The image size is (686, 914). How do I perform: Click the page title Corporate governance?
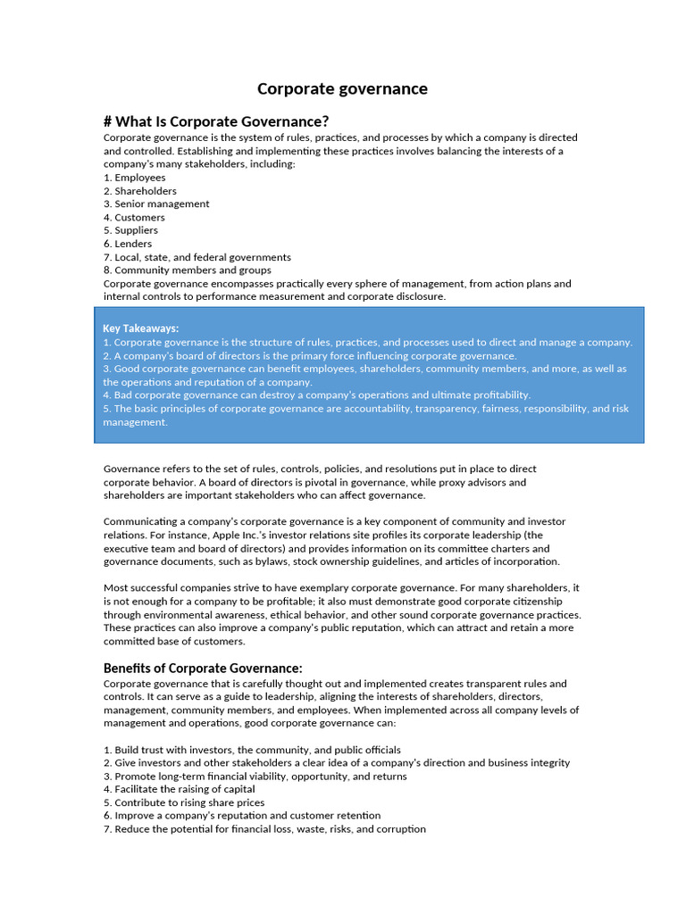[342, 88]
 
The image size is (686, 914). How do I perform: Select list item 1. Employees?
[135, 178]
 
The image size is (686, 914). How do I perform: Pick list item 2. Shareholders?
[140, 191]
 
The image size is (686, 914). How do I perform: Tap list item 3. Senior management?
[156, 204]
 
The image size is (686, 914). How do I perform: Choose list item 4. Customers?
[134, 217]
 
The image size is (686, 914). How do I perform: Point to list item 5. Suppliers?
[130, 230]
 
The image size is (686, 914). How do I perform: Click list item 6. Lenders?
[128, 244]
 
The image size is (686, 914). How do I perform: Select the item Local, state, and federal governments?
[197, 257]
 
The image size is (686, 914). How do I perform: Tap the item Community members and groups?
[188, 270]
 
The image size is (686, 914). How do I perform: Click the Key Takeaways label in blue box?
[141, 328]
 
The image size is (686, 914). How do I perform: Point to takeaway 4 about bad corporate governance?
[317, 395]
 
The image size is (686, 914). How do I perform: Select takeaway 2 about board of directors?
[310, 355]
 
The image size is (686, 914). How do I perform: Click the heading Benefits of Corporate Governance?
[203, 669]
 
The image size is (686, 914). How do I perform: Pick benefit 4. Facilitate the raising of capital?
[180, 789]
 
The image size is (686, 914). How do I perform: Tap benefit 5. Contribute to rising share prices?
[184, 802]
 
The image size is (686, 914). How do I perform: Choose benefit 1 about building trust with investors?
[252, 750]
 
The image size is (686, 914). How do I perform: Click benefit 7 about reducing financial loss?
[264, 828]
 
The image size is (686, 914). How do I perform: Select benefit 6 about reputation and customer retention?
[242, 815]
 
